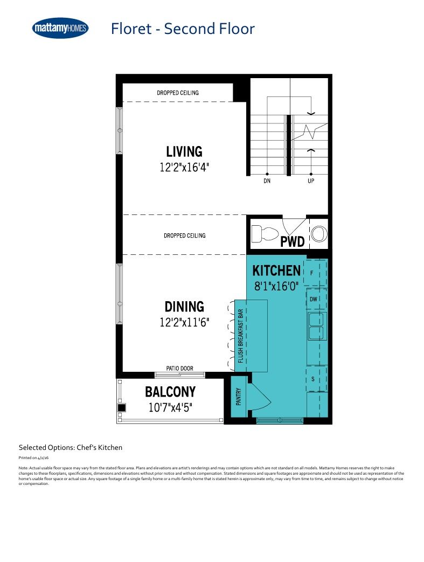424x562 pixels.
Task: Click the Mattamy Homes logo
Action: tap(60, 28)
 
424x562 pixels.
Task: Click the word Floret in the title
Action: tap(131, 29)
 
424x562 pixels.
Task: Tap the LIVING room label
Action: tap(184, 151)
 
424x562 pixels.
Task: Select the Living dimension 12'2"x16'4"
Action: tap(184, 167)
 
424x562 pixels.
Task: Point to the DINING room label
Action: tap(184, 307)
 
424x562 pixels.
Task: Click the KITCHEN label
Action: tap(276, 270)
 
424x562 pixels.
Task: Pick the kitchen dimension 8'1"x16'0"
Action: tap(276, 286)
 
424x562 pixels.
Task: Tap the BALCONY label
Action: tap(170, 392)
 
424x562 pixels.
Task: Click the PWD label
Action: tap(292, 241)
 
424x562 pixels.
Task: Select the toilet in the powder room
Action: tap(265, 234)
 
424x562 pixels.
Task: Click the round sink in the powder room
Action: tap(318, 234)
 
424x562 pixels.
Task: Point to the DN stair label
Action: tap(267, 181)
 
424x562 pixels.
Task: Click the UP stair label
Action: tap(311, 181)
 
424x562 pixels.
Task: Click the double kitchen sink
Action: tap(316, 326)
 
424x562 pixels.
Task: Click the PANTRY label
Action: tap(239, 397)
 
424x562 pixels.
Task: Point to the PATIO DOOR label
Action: tap(179, 368)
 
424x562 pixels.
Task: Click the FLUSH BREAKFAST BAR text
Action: tap(240, 336)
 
